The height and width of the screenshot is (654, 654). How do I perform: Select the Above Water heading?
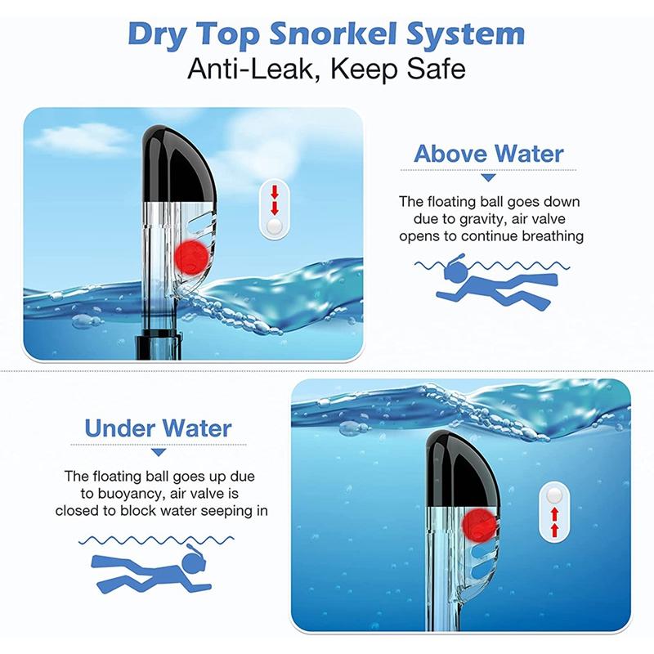488,154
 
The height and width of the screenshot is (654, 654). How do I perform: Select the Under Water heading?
159,428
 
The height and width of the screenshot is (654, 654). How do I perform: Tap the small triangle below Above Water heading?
488,177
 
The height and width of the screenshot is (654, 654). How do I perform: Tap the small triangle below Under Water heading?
159,451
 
